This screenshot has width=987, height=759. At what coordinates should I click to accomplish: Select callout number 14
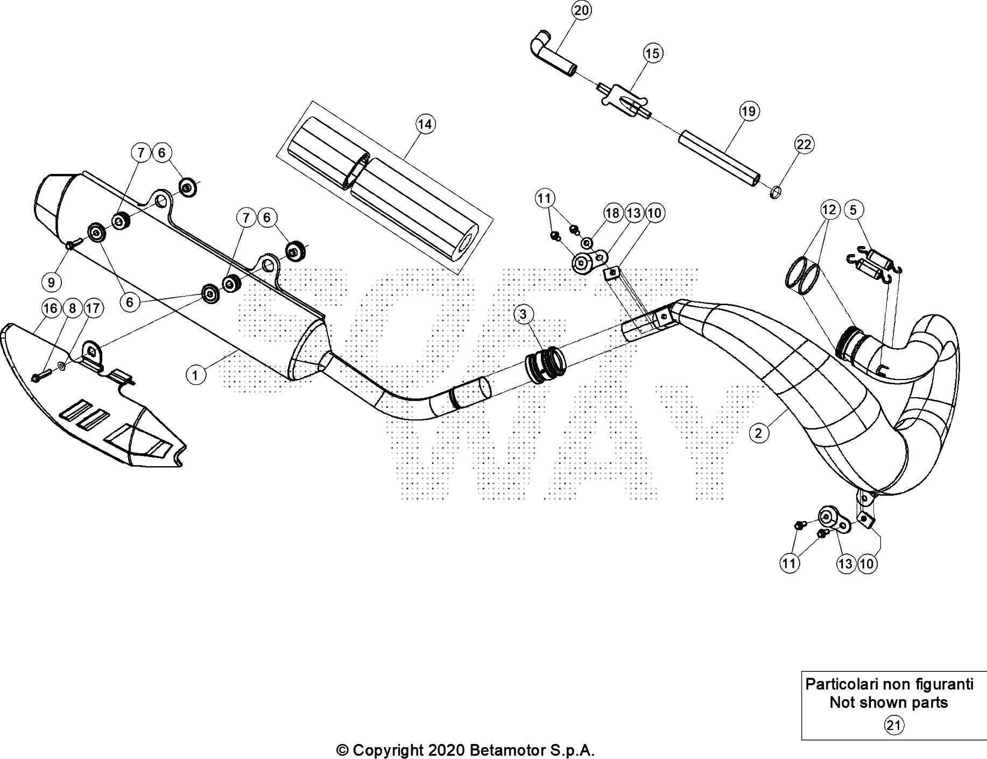(425, 124)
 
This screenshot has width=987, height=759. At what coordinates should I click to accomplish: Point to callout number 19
(748, 111)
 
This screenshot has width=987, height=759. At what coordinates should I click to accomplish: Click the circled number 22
(803, 144)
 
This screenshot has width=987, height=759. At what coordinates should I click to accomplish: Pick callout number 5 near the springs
(854, 209)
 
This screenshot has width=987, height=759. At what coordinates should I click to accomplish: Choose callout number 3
(523, 314)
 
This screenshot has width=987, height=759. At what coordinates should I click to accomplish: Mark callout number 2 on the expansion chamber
(758, 433)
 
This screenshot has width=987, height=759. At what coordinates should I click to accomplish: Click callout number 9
(51, 282)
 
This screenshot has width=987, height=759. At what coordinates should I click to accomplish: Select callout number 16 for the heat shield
(50, 308)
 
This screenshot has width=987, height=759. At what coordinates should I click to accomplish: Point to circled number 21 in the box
(893, 726)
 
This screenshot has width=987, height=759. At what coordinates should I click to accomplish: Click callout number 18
(612, 213)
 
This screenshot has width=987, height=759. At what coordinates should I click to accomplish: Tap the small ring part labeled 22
(775, 191)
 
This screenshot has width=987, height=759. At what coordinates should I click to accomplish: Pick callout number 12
(829, 209)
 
